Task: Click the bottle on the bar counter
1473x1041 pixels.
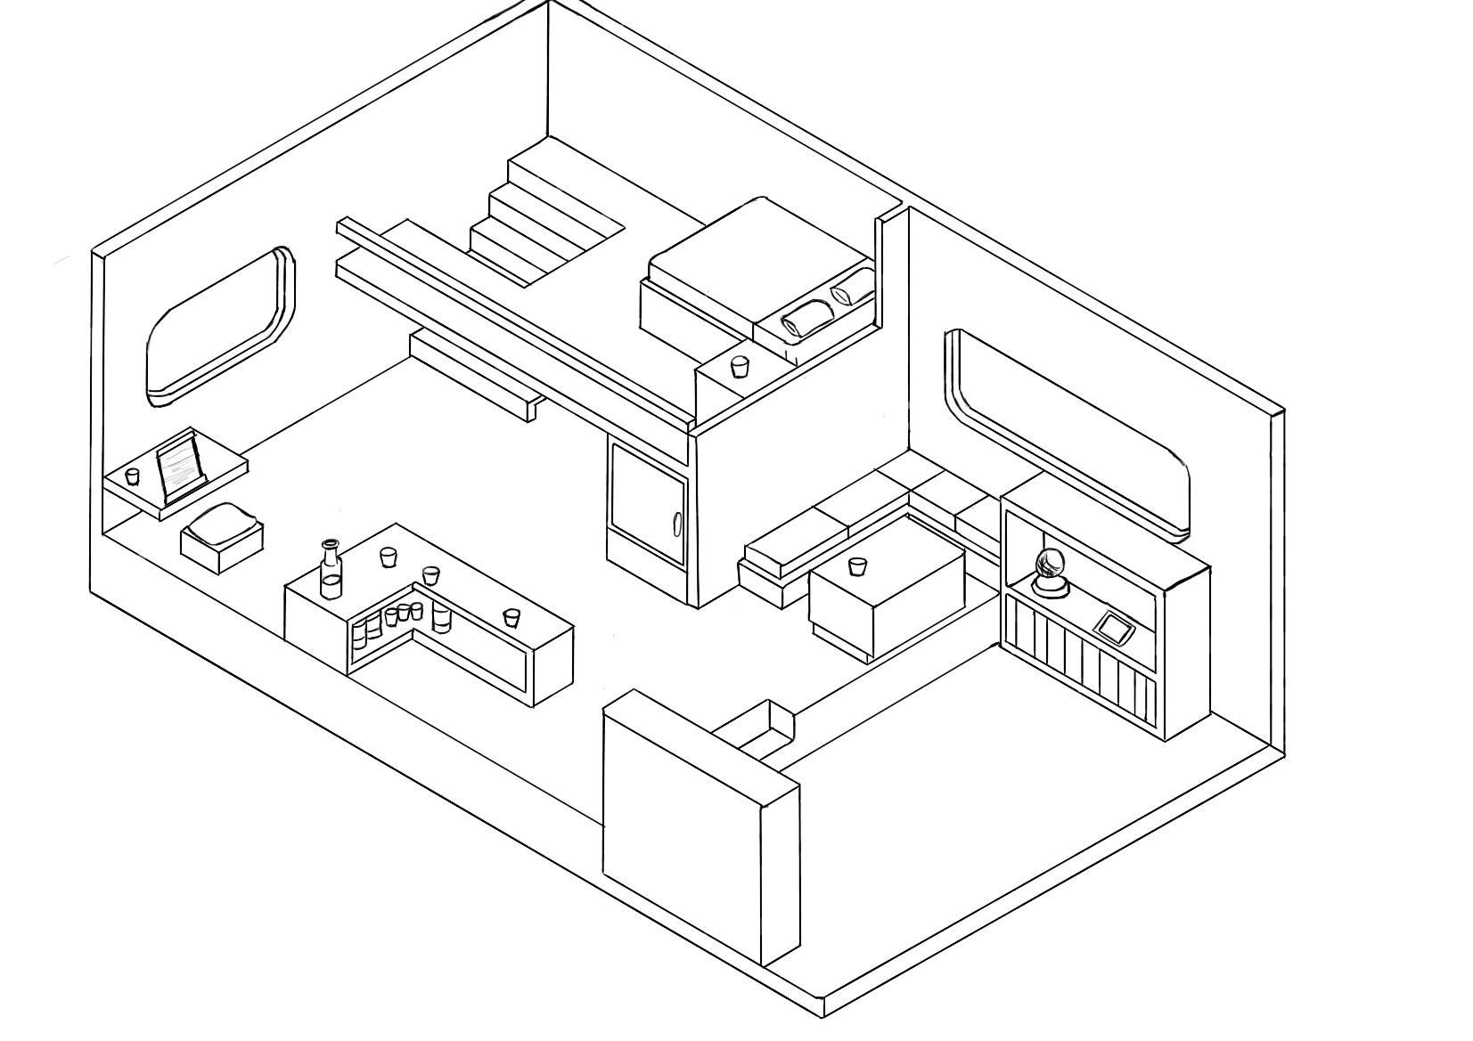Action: coord(330,571)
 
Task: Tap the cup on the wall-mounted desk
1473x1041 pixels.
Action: coord(133,476)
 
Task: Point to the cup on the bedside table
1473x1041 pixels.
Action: coord(739,366)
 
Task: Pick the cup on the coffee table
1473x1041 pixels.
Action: coord(857,566)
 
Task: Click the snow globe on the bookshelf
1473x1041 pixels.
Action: coord(1049,570)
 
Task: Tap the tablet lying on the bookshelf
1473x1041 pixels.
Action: coord(1114,626)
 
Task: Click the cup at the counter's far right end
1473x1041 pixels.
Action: coord(511,617)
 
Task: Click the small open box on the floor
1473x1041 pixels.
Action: coord(758,726)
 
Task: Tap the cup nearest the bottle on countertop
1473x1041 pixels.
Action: coord(387,557)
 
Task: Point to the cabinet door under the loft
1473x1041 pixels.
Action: coord(646,503)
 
